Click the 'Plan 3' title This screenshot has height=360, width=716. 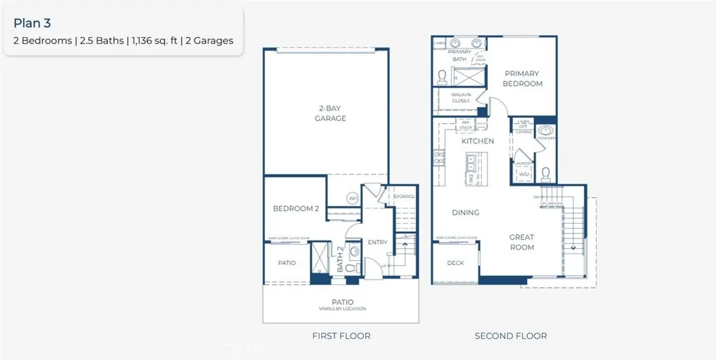click(32, 24)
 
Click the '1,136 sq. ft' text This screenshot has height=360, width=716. click(149, 41)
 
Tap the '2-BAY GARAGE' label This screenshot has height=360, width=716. click(329, 113)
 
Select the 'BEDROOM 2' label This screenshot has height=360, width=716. click(296, 209)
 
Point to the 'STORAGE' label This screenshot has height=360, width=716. click(405, 196)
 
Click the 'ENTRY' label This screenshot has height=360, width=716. click(378, 243)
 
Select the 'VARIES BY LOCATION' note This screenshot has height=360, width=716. click(338, 308)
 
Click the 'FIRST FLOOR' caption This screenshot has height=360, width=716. click(341, 336)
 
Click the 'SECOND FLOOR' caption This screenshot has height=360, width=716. click(510, 336)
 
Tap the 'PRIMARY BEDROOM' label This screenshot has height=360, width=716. click(523, 78)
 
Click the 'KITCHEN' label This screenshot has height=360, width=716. click(478, 141)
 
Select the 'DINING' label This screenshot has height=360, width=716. click(465, 213)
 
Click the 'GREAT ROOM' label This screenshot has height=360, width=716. click(522, 242)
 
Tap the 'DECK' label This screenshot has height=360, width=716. click(455, 263)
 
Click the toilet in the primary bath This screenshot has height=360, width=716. click(442, 76)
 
